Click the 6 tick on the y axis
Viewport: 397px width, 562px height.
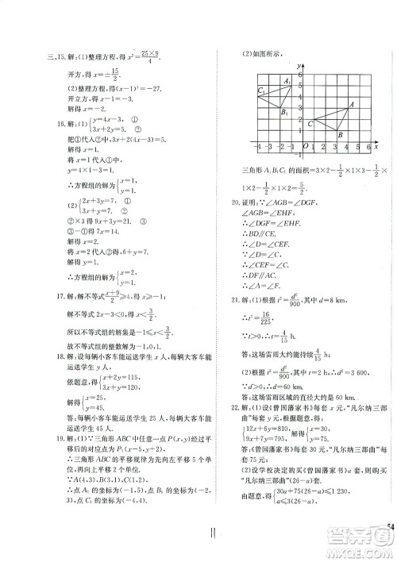(x=301, y=73)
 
